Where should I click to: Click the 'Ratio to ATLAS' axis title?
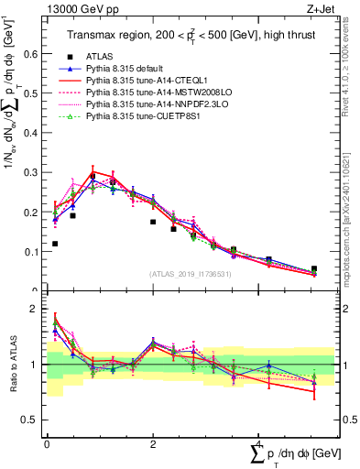click(11, 365)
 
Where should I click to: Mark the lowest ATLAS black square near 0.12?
click(56, 244)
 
